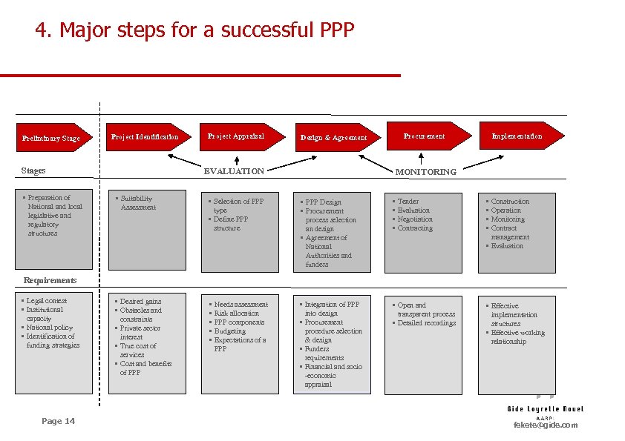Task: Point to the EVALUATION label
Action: (234, 171)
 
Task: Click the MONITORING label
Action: (425, 172)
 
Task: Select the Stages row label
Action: (33, 170)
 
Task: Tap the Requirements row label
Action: (50, 280)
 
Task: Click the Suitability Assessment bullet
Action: (138, 203)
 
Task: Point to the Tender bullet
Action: (408, 202)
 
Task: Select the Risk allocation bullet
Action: (236, 314)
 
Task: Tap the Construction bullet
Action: (510, 202)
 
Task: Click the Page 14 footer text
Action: (58, 421)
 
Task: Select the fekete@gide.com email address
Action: (546, 425)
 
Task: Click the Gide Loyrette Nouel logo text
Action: (546, 408)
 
